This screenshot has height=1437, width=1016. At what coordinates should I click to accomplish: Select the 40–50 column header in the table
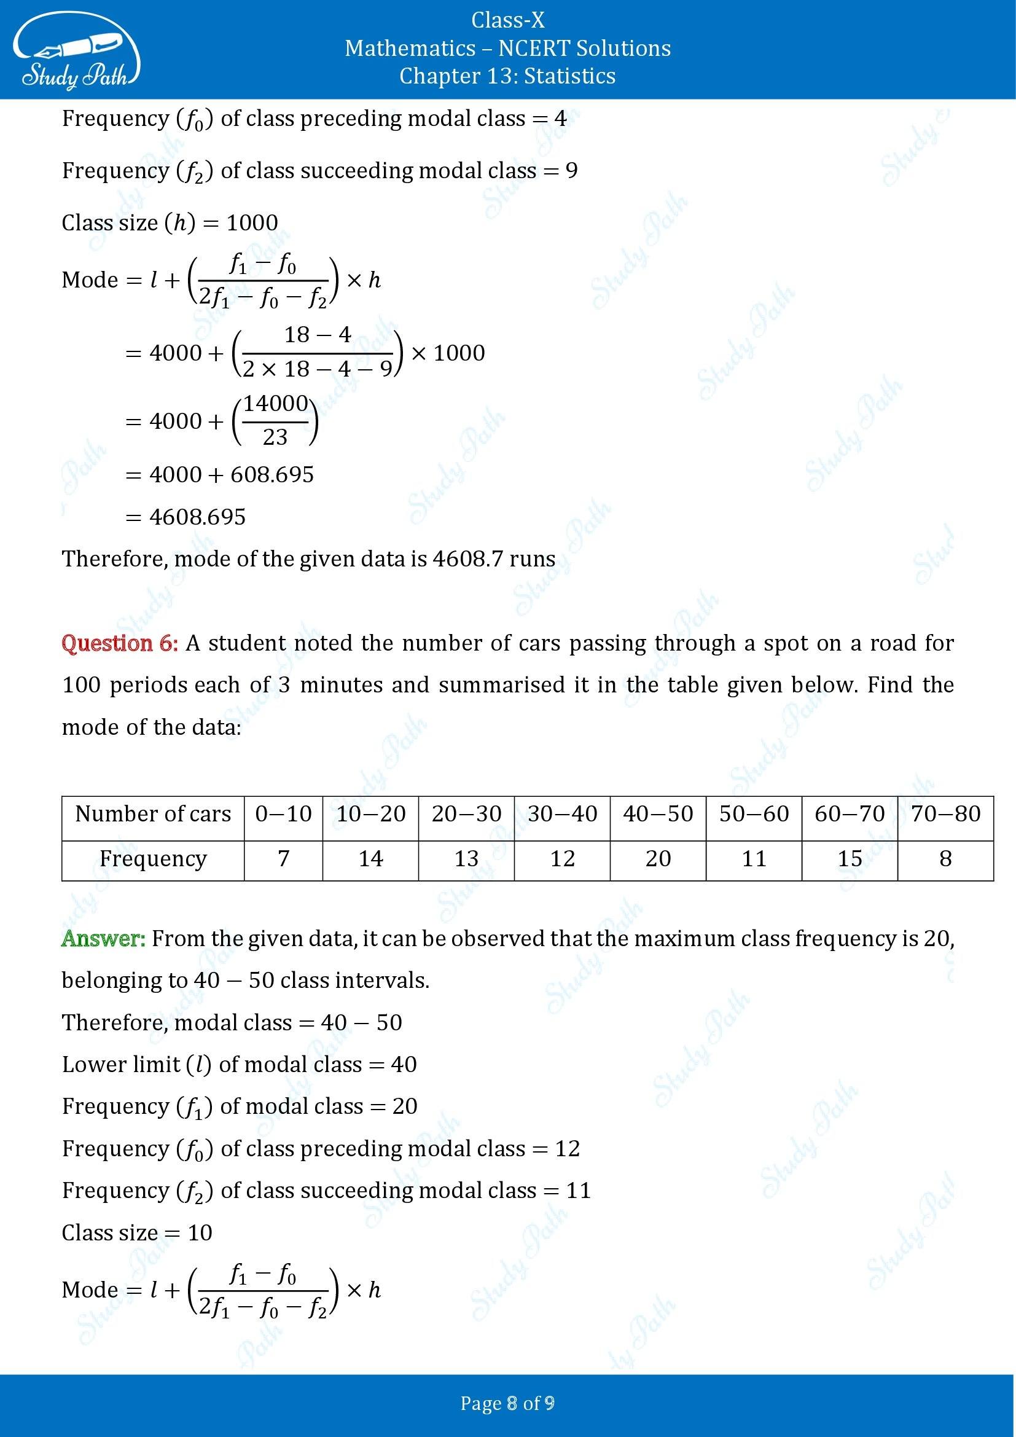coord(657,813)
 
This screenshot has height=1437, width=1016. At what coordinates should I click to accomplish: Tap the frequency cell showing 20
coord(657,858)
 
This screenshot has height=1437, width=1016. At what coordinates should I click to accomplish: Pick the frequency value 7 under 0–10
coord(283,858)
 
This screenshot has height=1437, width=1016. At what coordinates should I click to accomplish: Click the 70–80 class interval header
coord(945,813)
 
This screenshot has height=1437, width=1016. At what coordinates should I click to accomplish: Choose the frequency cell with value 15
coord(850,858)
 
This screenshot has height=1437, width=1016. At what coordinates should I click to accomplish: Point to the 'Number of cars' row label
coord(153,813)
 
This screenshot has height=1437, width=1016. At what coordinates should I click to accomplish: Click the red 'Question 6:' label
coord(120,643)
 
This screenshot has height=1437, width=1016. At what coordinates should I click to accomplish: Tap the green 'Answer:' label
coord(103,939)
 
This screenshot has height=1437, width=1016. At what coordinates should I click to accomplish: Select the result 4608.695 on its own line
coord(198,517)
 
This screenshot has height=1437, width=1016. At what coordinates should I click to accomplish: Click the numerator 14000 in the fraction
coord(275,404)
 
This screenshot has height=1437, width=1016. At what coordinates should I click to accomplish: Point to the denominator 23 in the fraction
coord(275,437)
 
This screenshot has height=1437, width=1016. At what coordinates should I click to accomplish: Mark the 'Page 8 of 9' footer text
coord(507,1403)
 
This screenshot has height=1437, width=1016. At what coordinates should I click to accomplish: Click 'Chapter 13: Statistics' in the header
coord(507,76)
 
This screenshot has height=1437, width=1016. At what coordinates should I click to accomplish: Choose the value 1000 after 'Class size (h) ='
coord(251,223)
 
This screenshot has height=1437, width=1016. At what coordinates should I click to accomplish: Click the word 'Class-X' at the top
coord(507,21)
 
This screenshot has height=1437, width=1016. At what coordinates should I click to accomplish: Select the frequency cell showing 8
coord(945,858)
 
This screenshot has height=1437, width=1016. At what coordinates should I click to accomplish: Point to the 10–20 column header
coord(370,813)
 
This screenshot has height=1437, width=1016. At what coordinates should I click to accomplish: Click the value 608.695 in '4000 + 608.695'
coord(272,475)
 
